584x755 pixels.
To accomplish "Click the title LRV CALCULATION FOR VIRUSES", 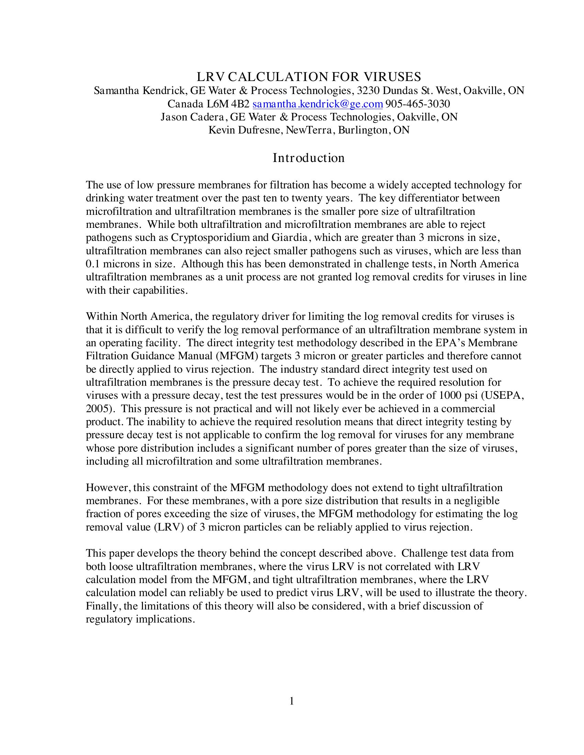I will tap(308, 77).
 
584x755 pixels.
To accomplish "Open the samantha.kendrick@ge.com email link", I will tap(318, 104).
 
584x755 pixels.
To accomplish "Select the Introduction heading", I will tap(308, 158).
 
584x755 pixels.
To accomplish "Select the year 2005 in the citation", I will tap(98, 409).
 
